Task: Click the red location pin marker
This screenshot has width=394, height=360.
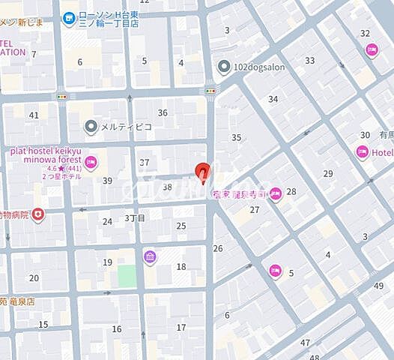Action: coord(201,172)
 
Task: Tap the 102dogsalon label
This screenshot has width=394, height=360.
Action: coord(259,67)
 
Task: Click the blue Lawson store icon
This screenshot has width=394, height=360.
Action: coord(69,16)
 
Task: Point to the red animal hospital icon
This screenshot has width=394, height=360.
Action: coord(37,216)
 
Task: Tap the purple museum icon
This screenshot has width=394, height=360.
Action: coord(150,257)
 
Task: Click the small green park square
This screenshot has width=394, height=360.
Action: coord(127,275)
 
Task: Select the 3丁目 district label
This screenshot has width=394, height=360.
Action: coord(135,218)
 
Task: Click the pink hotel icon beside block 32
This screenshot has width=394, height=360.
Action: coord(372,49)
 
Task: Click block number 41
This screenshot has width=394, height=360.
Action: coord(34,115)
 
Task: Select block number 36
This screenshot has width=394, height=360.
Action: coord(163,112)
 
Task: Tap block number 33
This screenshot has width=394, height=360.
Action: coord(309,61)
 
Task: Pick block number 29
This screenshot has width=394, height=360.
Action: coord(327,173)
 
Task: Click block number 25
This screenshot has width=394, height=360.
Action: coord(181,225)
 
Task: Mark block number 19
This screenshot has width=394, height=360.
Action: coord(108,262)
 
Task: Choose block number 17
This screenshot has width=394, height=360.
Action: coord(181,327)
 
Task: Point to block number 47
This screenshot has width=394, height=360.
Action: coord(305,342)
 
